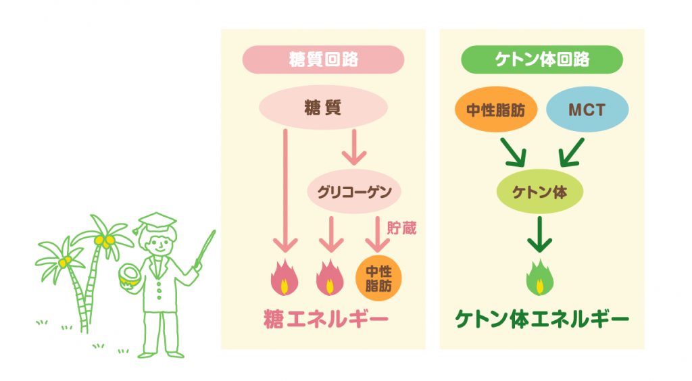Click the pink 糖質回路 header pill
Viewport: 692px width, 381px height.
323,59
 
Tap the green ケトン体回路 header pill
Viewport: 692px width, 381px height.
542,59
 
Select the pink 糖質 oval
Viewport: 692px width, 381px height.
323,107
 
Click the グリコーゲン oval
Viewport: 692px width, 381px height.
354,192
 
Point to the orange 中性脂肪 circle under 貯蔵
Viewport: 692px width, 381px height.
378,279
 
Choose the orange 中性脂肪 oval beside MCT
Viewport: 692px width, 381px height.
496,109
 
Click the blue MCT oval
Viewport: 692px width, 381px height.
587,109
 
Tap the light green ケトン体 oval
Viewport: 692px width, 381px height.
540,192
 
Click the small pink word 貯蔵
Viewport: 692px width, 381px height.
401,228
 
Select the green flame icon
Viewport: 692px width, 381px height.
540,278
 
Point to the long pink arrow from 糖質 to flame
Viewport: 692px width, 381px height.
285,190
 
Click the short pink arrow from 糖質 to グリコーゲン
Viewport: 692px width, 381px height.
354,147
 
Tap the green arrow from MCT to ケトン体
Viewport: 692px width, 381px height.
572,153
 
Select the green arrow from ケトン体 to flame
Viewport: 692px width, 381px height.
540,234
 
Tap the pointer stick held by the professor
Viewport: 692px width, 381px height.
205,248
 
